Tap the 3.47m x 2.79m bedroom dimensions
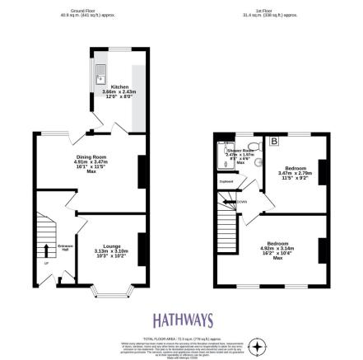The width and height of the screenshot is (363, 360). click(x=292, y=174)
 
